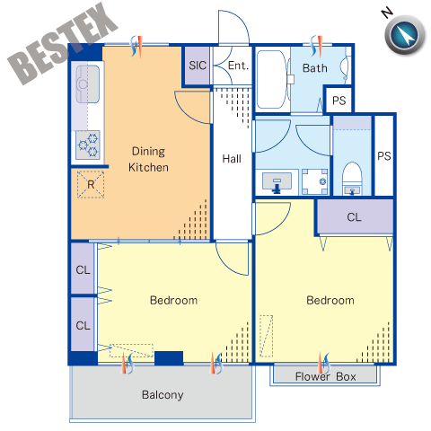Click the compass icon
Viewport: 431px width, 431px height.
(405, 35)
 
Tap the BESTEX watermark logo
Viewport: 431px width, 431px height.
(63, 44)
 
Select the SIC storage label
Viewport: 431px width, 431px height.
(198, 66)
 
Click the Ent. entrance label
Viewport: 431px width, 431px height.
(238, 66)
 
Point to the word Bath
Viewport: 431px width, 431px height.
(314, 68)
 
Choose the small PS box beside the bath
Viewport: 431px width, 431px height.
(339, 100)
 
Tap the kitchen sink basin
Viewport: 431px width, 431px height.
(87, 84)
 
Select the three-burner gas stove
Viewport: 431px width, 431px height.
(88, 145)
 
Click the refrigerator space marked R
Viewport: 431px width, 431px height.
(91, 184)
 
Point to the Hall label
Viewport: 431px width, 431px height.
(232, 159)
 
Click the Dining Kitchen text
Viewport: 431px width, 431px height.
(148, 159)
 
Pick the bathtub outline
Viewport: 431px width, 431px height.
(272, 79)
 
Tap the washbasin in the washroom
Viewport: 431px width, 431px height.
(277, 181)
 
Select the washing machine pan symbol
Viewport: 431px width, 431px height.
(314, 181)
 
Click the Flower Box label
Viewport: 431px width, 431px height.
(326, 376)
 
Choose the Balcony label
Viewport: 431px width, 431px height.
(163, 395)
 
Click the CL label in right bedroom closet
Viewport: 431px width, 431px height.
(354, 217)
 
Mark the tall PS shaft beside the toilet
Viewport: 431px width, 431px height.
(384, 155)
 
